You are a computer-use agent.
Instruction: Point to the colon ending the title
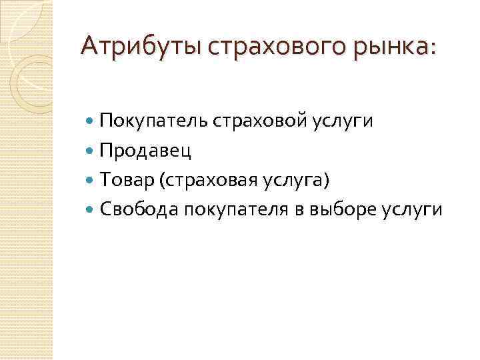(x=435, y=48)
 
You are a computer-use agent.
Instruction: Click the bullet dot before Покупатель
(x=91, y=121)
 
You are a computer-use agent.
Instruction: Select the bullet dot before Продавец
(x=91, y=150)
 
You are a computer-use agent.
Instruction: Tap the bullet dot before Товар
(x=91, y=180)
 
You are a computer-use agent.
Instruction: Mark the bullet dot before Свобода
(x=91, y=209)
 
